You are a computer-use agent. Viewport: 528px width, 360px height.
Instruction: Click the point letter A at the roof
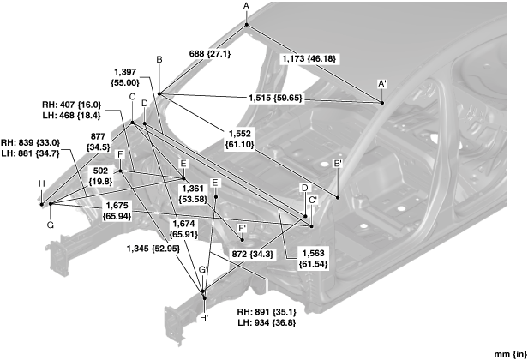246,6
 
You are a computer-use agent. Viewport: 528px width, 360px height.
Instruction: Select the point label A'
382,83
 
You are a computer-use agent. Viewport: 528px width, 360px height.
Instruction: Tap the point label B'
339,163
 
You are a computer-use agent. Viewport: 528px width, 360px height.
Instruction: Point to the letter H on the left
41,183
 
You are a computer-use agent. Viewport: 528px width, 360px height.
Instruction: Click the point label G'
203,270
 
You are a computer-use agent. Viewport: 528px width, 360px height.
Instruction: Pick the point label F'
242,228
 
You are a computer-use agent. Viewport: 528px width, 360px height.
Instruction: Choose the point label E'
216,182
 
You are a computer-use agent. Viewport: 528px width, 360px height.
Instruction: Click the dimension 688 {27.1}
209,53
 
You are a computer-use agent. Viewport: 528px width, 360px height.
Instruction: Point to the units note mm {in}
507,352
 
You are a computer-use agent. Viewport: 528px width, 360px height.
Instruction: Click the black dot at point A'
381,103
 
